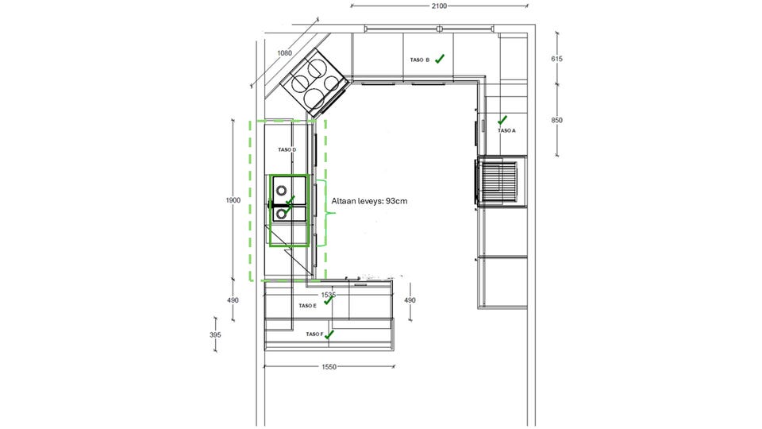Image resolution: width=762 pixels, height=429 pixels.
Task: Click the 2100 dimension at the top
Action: pos(439,6)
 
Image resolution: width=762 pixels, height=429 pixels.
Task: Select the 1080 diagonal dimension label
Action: pos(284,53)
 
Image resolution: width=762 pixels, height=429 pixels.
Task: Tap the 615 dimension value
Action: pos(556,59)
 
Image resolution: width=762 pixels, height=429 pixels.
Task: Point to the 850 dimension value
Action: pos(556,120)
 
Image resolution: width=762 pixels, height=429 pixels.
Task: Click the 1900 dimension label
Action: pos(233,200)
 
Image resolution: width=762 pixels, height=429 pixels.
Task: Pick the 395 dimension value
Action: pos(215,334)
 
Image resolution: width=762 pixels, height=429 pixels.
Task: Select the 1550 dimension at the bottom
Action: pos(329,367)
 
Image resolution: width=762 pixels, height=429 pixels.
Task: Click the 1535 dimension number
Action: pos(329,295)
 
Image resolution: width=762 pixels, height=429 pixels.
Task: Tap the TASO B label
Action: pos(420,60)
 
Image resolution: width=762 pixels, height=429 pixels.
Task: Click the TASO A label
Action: pos(506,130)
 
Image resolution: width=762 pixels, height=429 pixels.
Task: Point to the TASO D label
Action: pos(287,150)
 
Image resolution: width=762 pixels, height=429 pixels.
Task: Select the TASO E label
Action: pos(308,305)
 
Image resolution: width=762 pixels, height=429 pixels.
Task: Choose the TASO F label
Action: pos(314,334)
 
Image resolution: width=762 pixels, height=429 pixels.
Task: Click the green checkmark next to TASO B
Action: pos(439,59)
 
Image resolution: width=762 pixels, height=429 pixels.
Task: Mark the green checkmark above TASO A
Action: pos(502,120)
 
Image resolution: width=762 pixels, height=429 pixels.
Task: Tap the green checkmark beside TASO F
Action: pos(329,334)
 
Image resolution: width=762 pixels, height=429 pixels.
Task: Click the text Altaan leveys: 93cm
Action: pos(369,200)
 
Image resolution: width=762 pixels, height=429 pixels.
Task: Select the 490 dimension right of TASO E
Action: pos(410,300)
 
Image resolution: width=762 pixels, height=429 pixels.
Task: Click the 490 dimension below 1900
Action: pos(233,300)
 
